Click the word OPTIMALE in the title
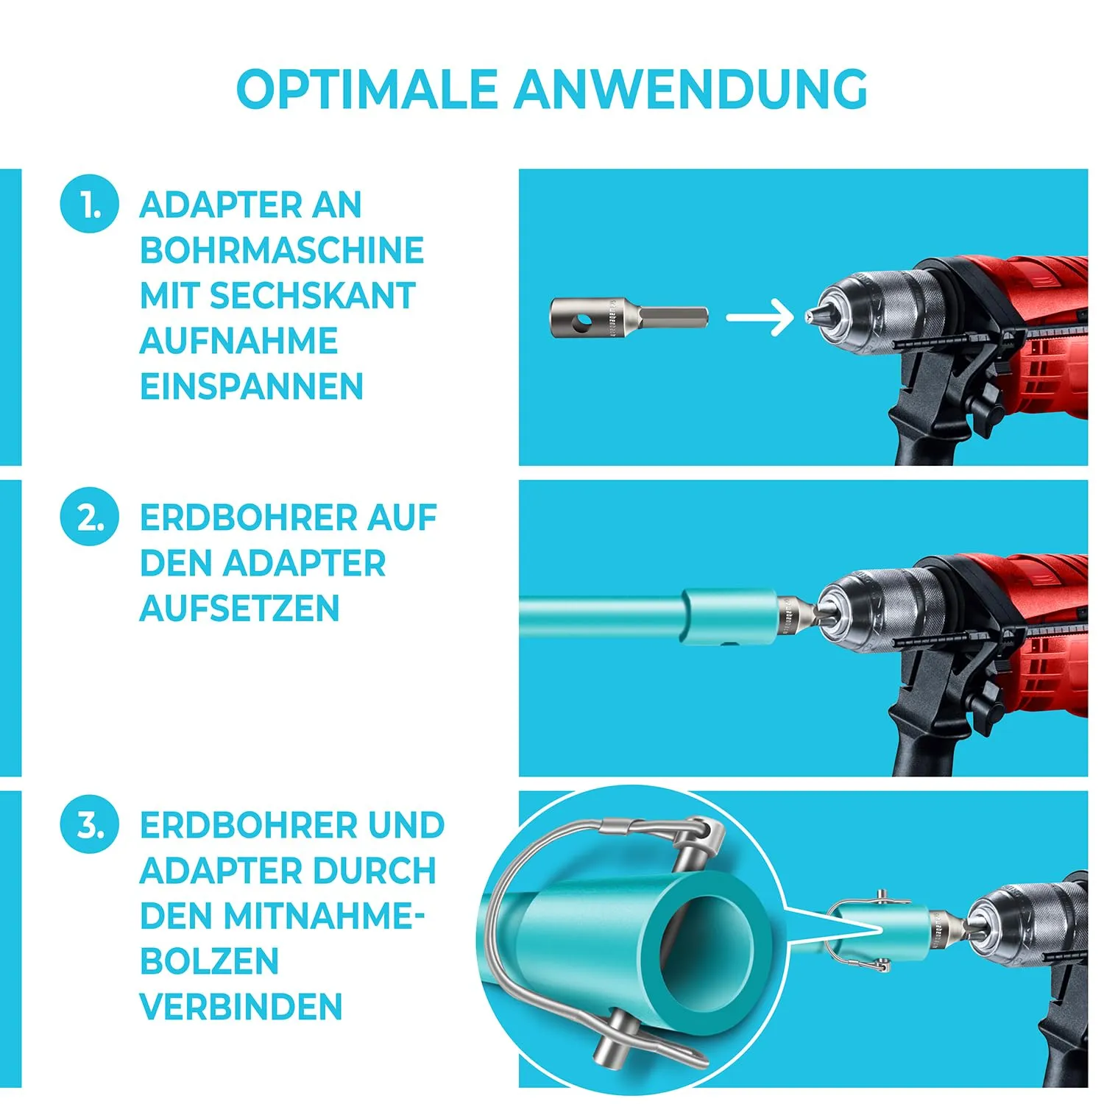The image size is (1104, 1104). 367,89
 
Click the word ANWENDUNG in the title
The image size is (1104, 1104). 691,89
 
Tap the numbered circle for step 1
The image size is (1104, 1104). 89,204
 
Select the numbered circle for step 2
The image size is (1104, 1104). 89,517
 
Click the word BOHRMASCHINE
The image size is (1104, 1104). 282,250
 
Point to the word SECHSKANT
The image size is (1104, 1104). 313,296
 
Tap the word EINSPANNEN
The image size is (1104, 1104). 252,386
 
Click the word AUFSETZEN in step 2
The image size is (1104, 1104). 239,609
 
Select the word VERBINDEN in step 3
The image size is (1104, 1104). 241,1007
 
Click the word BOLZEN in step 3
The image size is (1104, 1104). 209,961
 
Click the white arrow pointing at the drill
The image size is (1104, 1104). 760,318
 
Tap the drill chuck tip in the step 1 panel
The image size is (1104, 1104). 810,316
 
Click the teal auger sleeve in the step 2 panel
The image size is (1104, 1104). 729,617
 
